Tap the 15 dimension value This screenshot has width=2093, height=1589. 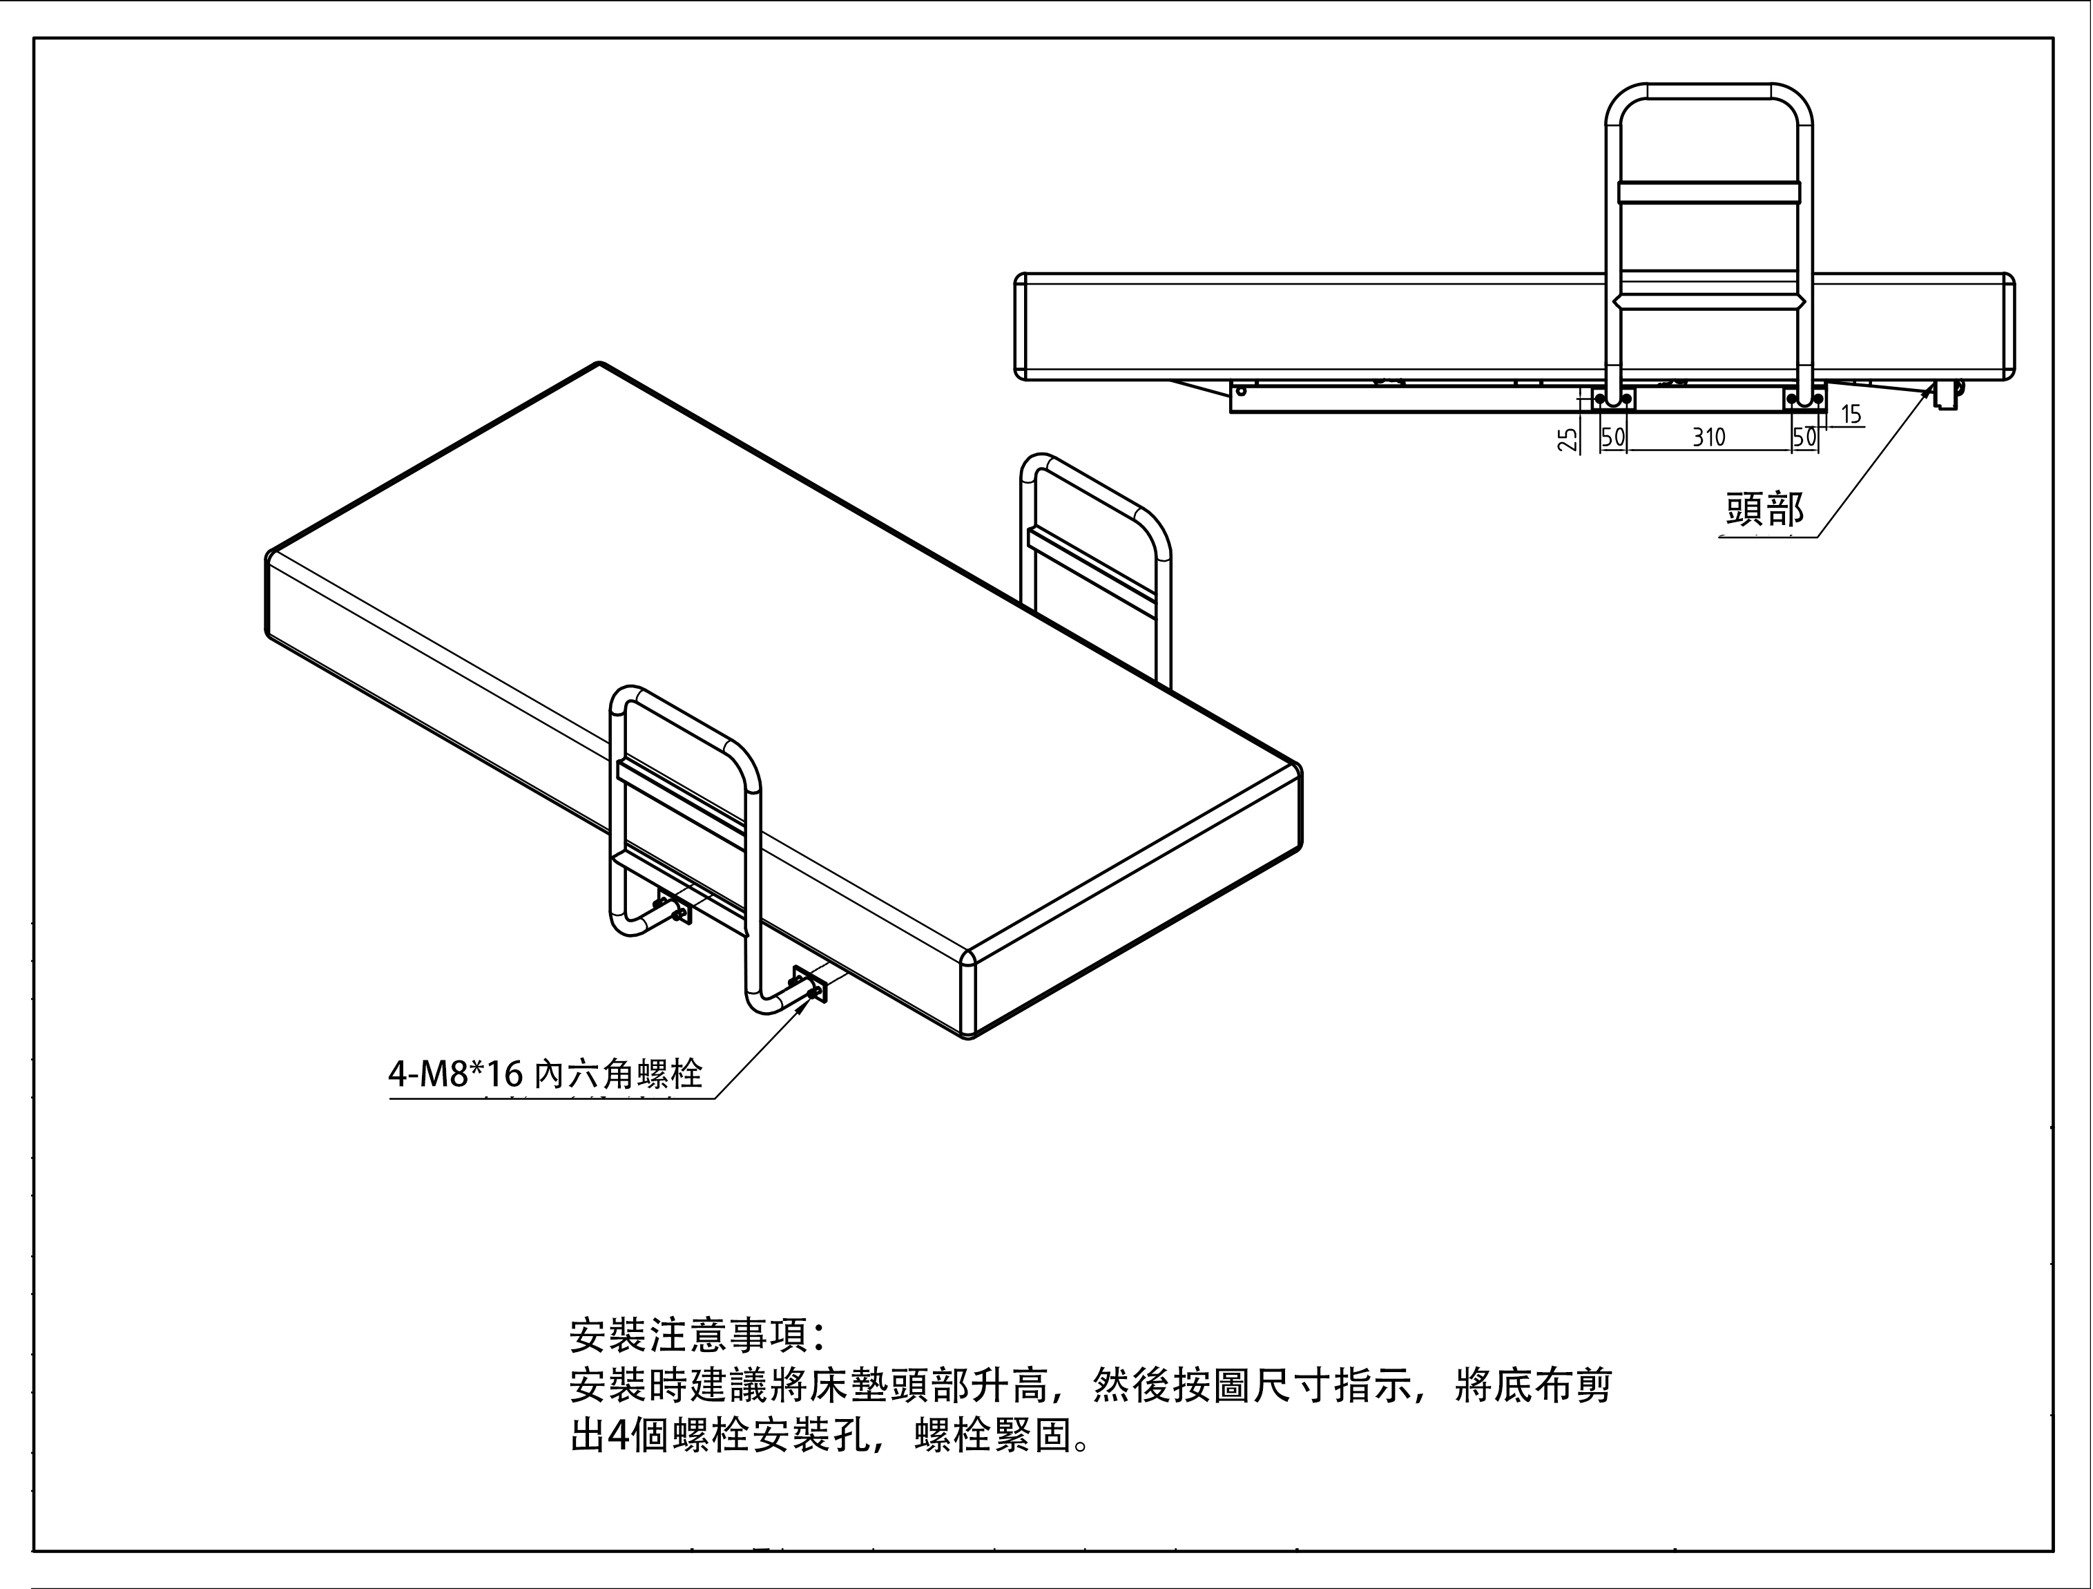click(x=1851, y=415)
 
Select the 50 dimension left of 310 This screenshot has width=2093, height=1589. click(x=1612, y=437)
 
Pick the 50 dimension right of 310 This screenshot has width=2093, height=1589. click(x=1804, y=437)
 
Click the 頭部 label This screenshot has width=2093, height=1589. click(x=1766, y=509)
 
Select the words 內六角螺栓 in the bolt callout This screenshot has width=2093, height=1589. click(x=619, y=1074)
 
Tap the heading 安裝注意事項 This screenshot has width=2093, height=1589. click(x=698, y=1335)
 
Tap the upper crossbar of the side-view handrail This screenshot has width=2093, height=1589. click(x=1708, y=192)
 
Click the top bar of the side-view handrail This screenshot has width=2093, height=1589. click(x=1708, y=91)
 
